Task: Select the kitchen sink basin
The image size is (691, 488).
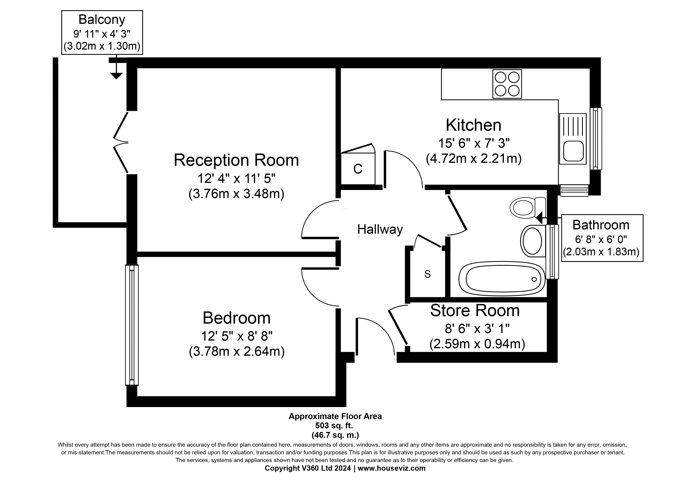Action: click(573, 151)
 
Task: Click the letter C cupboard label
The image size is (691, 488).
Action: click(358, 169)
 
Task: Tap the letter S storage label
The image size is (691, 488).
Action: click(427, 274)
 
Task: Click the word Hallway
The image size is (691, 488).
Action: click(380, 229)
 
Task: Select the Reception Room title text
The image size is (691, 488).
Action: click(236, 160)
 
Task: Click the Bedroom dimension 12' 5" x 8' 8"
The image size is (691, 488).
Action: click(237, 336)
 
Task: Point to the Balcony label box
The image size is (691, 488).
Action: click(102, 32)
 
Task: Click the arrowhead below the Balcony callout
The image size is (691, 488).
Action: click(116, 76)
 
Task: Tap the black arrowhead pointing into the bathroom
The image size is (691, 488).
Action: click(539, 217)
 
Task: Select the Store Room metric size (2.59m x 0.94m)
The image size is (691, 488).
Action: click(477, 344)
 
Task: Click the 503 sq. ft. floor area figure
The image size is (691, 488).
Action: click(334, 425)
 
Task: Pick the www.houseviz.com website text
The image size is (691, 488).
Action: click(392, 468)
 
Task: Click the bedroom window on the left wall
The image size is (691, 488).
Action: click(132, 325)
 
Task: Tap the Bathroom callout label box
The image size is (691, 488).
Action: click(602, 238)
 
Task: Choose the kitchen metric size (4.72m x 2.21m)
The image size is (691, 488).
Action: click(474, 158)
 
